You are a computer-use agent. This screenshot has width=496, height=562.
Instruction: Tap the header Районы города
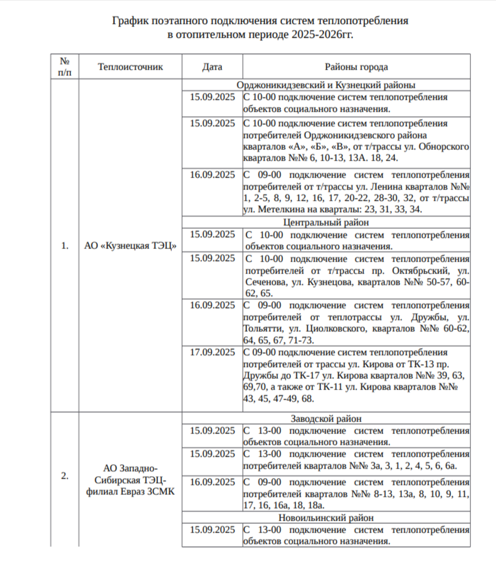coord(356,67)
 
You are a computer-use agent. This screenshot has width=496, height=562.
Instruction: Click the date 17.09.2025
coord(212,352)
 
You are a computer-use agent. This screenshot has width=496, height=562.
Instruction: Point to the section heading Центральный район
coord(325,222)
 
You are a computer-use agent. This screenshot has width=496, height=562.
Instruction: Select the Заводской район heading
coord(325,418)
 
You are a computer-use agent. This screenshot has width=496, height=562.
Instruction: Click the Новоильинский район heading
coord(325,518)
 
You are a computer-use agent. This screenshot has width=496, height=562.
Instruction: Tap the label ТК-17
coord(300,376)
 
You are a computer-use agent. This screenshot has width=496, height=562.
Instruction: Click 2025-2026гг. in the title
coord(322,34)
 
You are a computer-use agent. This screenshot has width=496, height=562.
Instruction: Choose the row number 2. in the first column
coord(65,475)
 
